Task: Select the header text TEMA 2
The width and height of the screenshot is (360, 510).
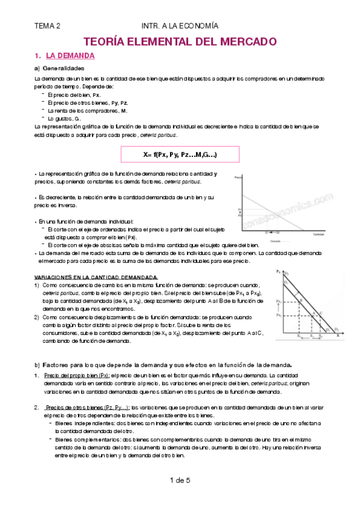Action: tap(47, 26)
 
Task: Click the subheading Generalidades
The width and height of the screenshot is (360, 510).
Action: tap(67, 69)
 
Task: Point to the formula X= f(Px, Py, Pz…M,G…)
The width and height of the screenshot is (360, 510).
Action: tap(180, 155)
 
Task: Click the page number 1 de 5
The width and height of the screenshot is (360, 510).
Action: tap(180, 480)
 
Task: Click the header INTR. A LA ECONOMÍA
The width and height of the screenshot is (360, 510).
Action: tap(180, 26)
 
